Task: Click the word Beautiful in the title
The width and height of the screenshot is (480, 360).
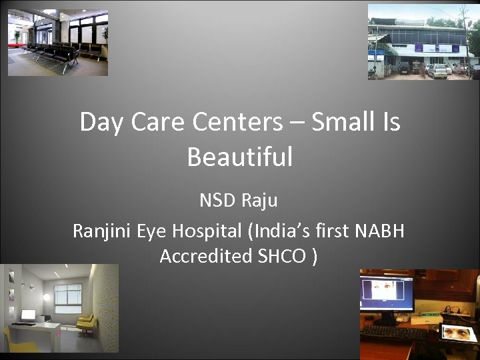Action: pyautogui.click(x=240, y=157)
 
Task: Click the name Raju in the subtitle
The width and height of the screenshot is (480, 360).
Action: pyautogui.click(x=261, y=201)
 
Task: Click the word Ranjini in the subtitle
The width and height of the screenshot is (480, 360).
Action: pyautogui.click(x=101, y=231)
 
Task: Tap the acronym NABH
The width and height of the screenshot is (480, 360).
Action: pyautogui.click(x=379, y=231)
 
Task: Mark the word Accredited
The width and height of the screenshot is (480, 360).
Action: pyautogui.click(x=206, y=256)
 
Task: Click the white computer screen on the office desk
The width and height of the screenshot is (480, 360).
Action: pyautogui.click(x=28, y=315)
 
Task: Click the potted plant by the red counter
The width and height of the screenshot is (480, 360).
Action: pyautogui.click(x=17, y=37)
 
